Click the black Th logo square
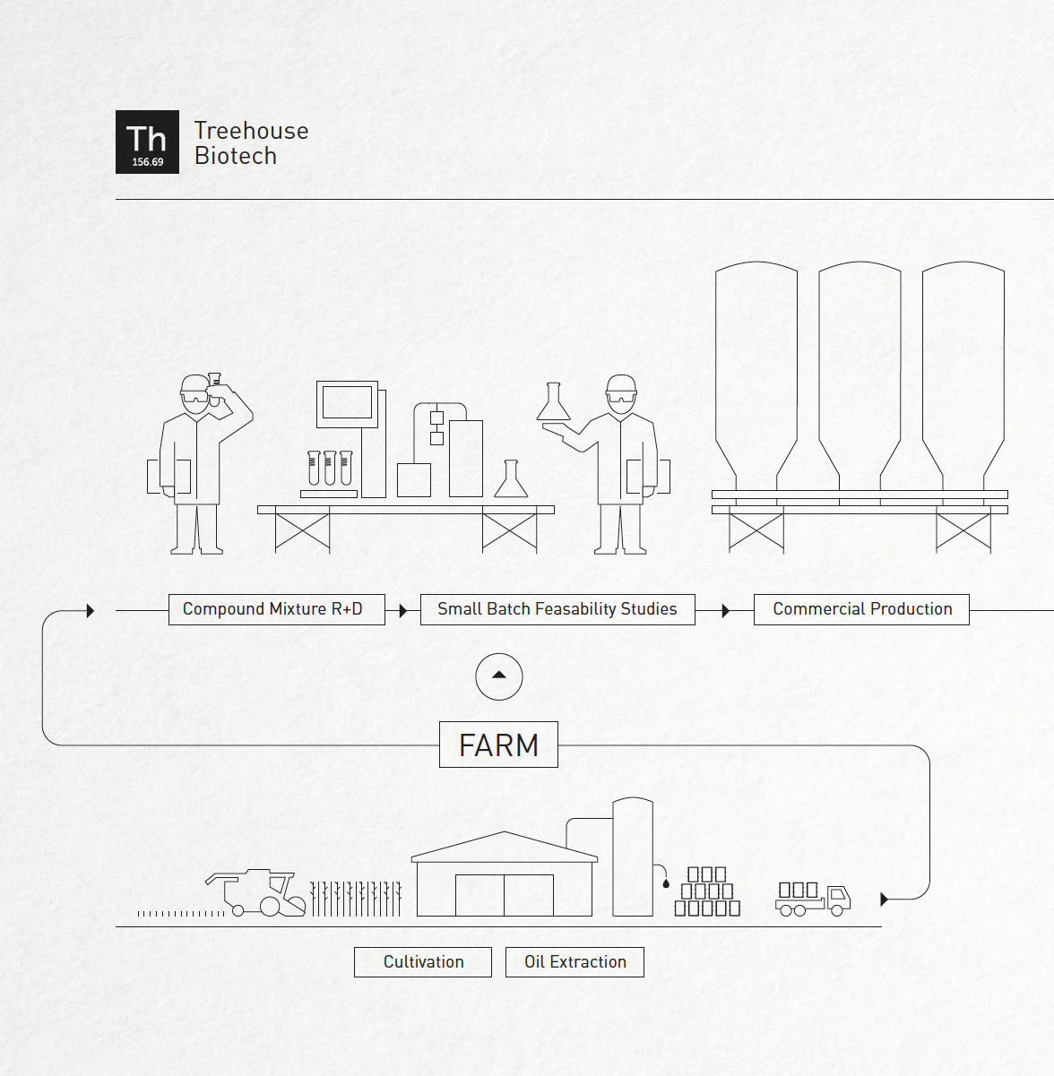point(148,142)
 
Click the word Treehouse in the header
point(252,131)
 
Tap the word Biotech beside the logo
point(236,156)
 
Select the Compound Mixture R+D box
point(277,609)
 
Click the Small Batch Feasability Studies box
point(557,609)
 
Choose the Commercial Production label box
point(862,609)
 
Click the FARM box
point(498,745)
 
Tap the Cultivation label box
point(423,961)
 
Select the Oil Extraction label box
point(575,961)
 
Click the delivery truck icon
point(813,899)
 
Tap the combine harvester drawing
point(255,893)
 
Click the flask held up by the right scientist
point(553,401)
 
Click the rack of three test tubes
point(330,469)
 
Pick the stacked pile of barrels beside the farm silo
point(707,891)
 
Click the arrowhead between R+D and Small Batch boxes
point(403,610)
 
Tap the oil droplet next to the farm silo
point(666,884)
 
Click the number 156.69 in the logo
point(148,162)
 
